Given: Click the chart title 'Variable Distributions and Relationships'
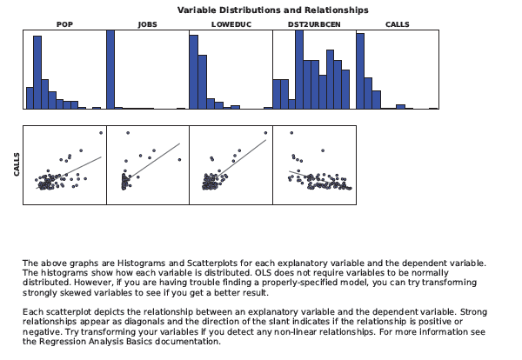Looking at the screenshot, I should [272, 10].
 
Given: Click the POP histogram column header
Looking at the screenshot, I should [64, 24].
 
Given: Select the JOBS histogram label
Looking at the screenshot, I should [147, 24].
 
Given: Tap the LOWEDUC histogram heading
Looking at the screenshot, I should [231, 24].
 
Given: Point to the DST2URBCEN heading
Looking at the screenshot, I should [314, 24].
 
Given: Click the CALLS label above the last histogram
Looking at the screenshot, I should [398, 24].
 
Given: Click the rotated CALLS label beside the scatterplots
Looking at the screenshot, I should [17, 165].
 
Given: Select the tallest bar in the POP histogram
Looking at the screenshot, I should [37, 71].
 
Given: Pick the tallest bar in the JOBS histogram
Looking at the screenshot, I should [110, 70].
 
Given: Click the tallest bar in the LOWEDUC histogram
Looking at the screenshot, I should [194, 71].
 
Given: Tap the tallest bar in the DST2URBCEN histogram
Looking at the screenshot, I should [299, 70].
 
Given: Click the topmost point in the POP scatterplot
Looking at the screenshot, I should [101, 132].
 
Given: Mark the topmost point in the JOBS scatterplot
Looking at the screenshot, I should [128, 132].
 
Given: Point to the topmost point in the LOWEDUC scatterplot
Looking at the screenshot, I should [266, 132].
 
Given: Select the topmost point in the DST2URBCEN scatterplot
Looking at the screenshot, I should [291, 132].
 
